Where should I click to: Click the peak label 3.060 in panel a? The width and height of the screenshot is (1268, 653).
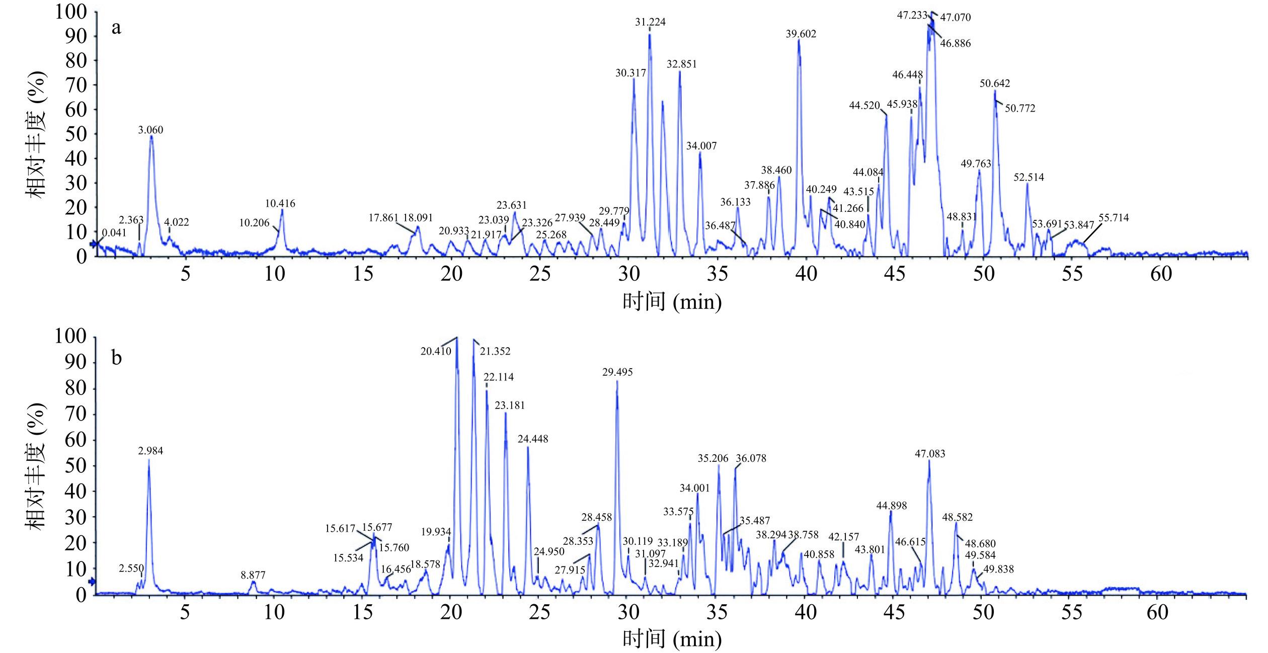[x=150, y=130]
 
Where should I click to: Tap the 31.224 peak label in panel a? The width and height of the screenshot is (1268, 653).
[x=650, y=22]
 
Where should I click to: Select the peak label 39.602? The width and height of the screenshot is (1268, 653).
[x=801, y=34]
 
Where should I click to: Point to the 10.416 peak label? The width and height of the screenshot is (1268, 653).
[x=280, y=204]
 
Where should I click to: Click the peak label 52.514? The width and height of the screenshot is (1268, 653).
[x=1028, y=177]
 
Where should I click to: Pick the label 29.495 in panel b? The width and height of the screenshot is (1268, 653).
[x=617, y=372]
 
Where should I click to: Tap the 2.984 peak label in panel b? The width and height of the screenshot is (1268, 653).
[x=150, y=452]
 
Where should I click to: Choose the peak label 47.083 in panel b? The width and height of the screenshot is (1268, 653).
[x=930, y=454]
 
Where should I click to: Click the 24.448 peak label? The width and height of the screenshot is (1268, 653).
[x=533, y=439]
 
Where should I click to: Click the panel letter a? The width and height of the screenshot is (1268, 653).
[x=116, y=28]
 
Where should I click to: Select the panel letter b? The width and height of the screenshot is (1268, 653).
[x=116, y=358]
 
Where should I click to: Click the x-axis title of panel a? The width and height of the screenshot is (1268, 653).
[x=672, y=302]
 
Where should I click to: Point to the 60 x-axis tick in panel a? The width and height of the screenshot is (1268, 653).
[x=1161, y=274]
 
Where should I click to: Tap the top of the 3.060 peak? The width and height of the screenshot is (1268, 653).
[x=151, y=136]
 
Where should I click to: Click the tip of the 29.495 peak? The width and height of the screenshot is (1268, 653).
[x=617, y=381]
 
